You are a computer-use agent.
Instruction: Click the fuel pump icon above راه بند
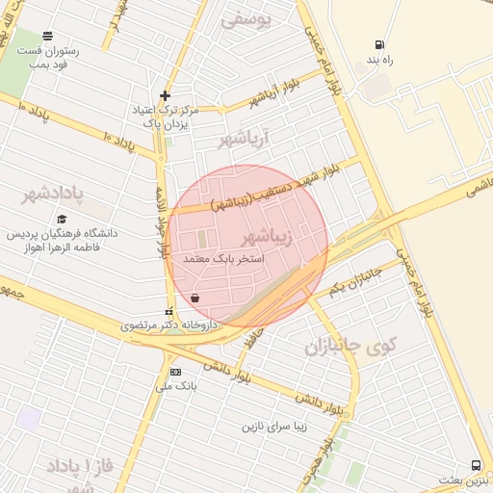pyautogui.click(x=380, y=44)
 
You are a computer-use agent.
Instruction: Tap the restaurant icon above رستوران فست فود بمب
pyautogui.click(x=48, y=36)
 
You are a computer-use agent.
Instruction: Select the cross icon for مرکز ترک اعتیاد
pyautogui.click(x=166, y=95)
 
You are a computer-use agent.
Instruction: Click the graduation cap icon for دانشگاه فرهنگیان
pyautogui.click(x=63, y=220)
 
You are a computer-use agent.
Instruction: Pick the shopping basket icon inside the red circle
pyautogui.click(x=195, y=298)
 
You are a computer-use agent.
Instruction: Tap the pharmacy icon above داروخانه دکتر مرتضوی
pyautogui.click(x=170, y=311)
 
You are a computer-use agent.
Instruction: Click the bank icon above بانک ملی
pyautogui.click(x=175, y=372)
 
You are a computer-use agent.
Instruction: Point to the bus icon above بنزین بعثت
pyautogui.click(x=479, y=465)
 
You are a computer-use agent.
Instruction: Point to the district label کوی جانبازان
pyautogui.click(x=351, y=346)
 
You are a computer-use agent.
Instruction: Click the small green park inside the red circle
pyautogui.click(x=202, y=237)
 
